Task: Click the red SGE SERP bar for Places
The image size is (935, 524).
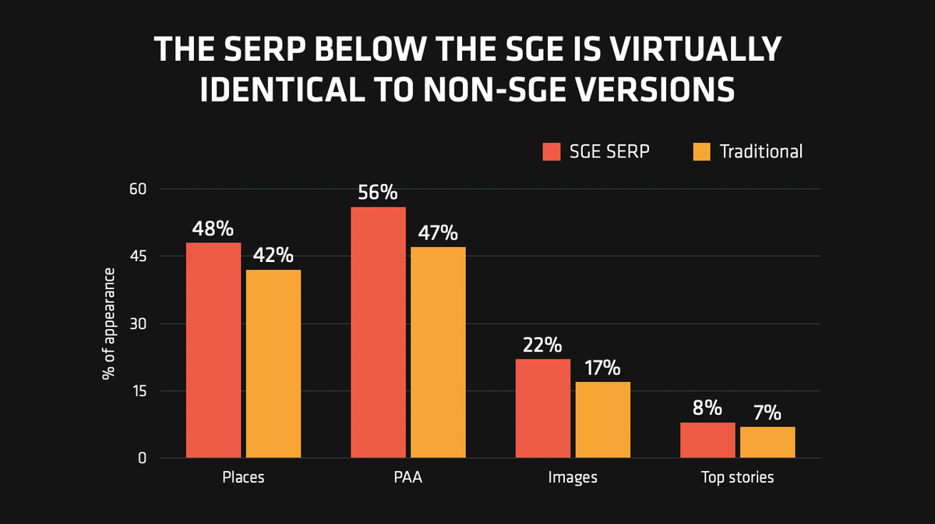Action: tap(213, 350)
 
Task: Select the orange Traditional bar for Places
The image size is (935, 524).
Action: tap(273, 363)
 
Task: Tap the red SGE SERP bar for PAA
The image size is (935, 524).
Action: tap(378, 332)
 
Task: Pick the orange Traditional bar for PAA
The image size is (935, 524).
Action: tap(438, 352)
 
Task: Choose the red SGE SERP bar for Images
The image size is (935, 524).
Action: tap(543, 408)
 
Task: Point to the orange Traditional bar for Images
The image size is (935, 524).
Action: tap(603, 420)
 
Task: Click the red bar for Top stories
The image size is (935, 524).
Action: tap(707, 440)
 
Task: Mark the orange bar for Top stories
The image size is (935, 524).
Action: tap(767, 442)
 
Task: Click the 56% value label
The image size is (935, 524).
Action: tap(378, 193)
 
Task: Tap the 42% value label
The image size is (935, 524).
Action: tap(273, 255)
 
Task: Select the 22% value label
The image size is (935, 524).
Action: tap(543, 345)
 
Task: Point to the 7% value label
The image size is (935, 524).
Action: tap(767, 412)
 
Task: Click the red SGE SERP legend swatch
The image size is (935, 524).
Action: tap(552, 151)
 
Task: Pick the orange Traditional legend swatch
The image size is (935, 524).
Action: tap(701, 151)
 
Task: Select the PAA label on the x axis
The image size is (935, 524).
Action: tap(408, 477)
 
